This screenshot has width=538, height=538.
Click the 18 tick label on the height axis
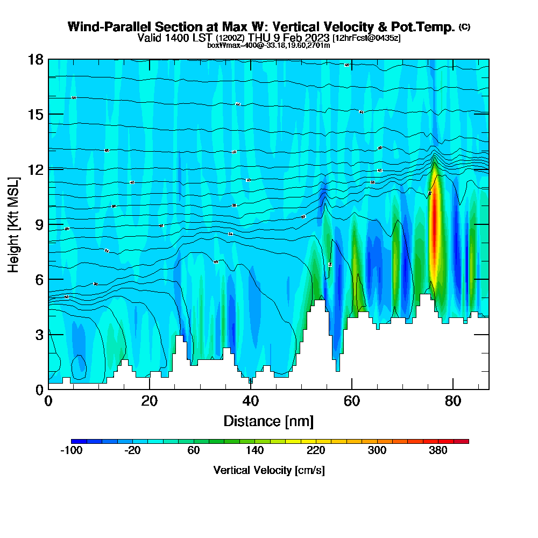pyautogui.click(x=36, y=59)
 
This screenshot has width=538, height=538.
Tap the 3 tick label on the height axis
pyautogui.click(x=39, y=334)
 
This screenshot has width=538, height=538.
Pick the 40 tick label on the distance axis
pyautogui.click(x=251, y=401)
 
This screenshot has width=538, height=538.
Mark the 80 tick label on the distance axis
pyautogui.click(x=453, y=401)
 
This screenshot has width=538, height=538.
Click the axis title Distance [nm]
pyautogui.click(x=268, y=421)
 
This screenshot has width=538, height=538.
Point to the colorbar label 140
pyautogui.click(x=255, y=451)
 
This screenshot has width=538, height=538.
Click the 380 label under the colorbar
pyautogui.click(x=438, y=451)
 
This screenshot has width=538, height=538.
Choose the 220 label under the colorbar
pyautogui.click(x=316, y=451)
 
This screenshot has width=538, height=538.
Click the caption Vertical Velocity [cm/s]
pyautogui.click(x=269, y=470)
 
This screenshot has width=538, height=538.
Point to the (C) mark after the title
pyautogui.click(x=464, y=27)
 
